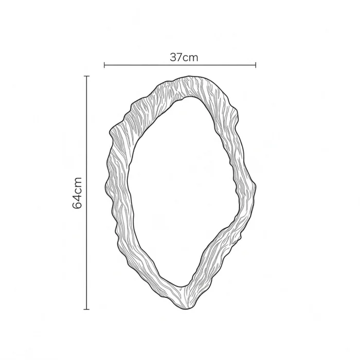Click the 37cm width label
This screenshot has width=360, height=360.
click(x=184, y=58)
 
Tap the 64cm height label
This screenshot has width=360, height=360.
click(x=77, y=193)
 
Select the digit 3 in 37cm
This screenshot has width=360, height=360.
click(x=173, y=58)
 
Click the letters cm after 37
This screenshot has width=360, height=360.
click(x=190, y=58)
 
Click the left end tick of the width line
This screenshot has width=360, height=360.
click(x=104, y=65)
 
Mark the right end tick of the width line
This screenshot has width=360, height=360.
click(x=256, y=65)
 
